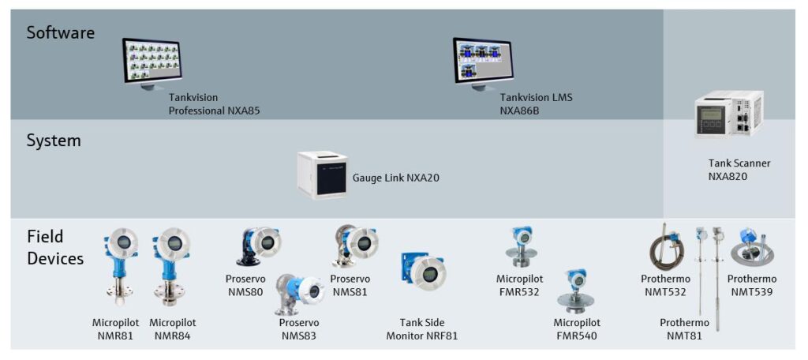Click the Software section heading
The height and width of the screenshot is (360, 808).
tap(61, 33)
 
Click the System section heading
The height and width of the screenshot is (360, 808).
tap(54, 141)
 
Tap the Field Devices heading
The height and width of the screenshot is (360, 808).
tap(55, 248)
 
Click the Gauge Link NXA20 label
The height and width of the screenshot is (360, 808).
tap(396, 178)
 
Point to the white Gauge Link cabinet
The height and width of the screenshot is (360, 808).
tap(322, 174)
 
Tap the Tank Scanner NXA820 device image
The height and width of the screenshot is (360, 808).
tap(728, 114)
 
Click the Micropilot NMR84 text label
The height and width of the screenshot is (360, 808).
tap(173, 329)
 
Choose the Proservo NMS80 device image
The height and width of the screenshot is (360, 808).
tap(259, 246)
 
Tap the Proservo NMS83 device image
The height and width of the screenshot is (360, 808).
tap(298, 294)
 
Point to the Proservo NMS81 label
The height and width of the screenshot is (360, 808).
tap(350, 285)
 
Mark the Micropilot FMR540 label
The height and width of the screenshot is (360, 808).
tap(577, 329)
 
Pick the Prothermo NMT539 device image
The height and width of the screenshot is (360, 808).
tap(752, 248)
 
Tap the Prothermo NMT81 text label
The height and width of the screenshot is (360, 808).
tap(684, 329)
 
